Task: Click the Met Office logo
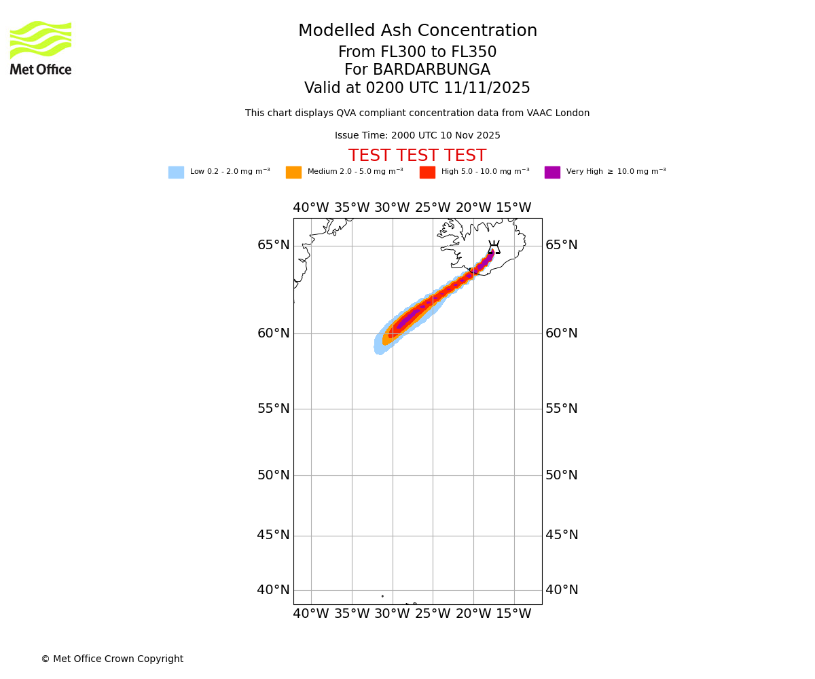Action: pos(41,48)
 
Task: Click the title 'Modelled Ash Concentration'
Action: pos(418,31)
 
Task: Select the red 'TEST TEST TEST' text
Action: pos(417,156)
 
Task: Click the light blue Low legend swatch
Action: pos(176,172)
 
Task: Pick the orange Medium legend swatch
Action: pos(293,172)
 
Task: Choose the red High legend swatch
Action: pos(427,172)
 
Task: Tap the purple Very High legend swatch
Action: pos(552,172)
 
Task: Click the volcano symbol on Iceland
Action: pos(494,248)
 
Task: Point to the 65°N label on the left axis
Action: pos(273,245)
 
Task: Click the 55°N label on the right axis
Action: pos(562,409)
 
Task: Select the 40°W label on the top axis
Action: pos(311,208)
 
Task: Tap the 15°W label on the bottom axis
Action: pos(513,614)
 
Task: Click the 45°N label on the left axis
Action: pos(273,535)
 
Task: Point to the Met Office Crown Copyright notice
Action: pos(112,659)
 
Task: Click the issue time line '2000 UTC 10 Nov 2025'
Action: pos(417,136)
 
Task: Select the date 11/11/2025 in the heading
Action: pos(487,88)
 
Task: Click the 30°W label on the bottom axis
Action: pos(392,614)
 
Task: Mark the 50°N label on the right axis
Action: pos(562,475)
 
